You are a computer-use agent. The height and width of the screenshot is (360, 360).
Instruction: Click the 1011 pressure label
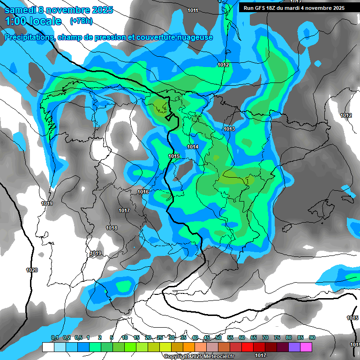(x=193, y=10)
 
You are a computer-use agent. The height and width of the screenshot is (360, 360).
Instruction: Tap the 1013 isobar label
(x=229, y=129)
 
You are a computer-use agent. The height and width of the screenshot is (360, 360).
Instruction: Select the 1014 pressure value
(x=193, y=147)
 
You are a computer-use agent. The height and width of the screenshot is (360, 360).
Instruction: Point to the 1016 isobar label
(x=143, y=192)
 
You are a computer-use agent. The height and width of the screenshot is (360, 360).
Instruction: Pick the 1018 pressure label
(x=112, y=228)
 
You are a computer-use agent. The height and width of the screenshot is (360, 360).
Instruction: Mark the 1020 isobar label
(x=32, y=270)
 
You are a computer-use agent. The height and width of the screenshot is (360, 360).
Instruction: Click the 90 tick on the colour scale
(x=312, y=337)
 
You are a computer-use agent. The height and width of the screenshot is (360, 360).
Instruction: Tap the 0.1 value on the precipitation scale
(x=55, y=337)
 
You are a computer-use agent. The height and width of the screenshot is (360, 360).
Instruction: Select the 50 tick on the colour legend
(x=218, y=337)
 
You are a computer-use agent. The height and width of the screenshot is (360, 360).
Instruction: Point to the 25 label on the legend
(x=160, y=337)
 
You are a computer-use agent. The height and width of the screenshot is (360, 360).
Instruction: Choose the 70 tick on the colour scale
(x=265, y=337)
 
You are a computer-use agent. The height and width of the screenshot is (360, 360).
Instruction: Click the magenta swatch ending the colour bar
(x=306, y=347)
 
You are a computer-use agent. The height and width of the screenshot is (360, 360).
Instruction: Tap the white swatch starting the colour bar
(x=48, y=347)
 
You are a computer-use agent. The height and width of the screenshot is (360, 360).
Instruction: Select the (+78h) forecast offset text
(x=81, y=21)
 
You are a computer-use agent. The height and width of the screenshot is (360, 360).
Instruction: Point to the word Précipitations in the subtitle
(x=29, y=37)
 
